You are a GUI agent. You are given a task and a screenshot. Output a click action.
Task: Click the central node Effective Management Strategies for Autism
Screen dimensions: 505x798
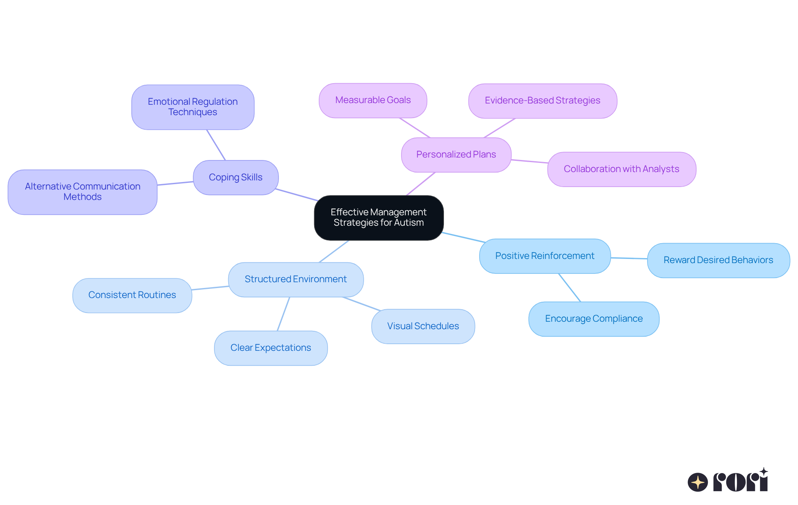coord(379,217)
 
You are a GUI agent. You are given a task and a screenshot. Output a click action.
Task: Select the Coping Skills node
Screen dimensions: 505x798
coord(236,177)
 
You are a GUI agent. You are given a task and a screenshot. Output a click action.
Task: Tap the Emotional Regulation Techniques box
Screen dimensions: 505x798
coord(193,107)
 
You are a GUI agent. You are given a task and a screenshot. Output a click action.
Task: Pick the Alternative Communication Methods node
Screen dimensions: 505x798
coord(82,192)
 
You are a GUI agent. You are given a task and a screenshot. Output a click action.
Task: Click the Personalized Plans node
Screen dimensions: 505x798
coord(456,155)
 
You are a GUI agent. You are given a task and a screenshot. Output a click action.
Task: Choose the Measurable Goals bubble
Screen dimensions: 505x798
coord(373,100)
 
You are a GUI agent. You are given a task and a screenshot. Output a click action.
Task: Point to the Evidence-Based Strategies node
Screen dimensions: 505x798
coord(542,101)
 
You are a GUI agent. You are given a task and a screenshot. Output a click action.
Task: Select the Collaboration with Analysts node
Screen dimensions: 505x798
coord(621,169)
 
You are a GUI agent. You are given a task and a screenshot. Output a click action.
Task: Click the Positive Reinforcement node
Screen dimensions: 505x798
coord(544,256)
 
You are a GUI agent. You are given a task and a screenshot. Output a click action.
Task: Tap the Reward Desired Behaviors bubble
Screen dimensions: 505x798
coord(718,260)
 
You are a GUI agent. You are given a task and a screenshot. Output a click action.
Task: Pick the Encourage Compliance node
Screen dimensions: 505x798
coord(594,319)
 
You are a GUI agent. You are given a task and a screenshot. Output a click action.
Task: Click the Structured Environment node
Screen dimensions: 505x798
coord(296,279)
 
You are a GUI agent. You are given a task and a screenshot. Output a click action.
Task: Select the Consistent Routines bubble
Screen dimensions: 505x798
coord(132,295)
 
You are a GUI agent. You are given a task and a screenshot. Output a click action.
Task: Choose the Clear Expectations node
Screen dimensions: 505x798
coord(271,348)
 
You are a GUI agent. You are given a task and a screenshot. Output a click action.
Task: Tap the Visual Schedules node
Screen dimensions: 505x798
coord(423,326)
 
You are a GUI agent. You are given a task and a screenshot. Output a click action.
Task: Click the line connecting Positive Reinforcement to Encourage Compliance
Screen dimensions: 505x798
coord(569,288)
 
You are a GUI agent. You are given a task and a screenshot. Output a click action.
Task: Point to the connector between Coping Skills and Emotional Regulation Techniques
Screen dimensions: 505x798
coord(216,145)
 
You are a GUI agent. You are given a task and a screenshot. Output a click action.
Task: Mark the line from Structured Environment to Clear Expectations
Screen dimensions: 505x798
coord(283,314)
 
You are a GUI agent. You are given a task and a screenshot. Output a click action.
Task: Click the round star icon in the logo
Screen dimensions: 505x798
coord(697,482)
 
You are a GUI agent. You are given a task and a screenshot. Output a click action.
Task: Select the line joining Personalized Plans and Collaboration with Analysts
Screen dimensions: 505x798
coord(530,161)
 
